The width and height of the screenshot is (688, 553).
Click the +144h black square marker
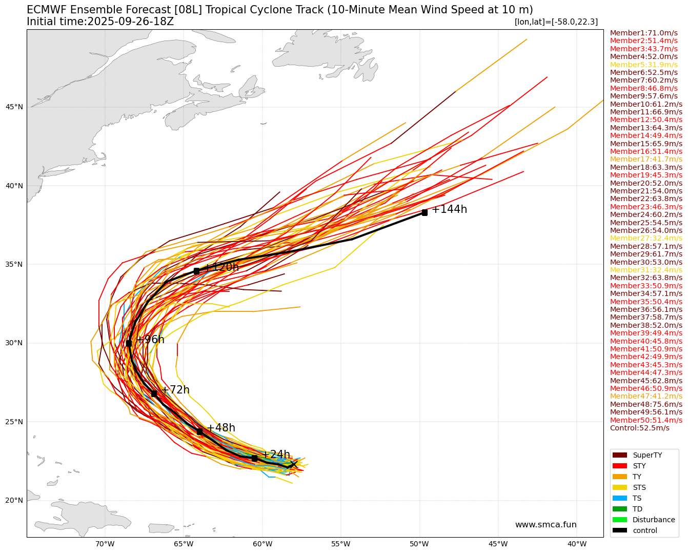(424, 212)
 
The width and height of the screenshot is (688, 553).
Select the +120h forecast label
(221, 267)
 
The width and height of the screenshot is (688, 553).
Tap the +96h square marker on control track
(129, 343)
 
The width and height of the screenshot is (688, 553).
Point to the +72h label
(175, 390)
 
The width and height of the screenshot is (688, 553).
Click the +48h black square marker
(199, 431)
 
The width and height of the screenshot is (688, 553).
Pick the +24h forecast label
(276, 455)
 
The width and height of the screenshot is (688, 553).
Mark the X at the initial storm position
(294, 465)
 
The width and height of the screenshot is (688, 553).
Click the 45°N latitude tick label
(14, 107)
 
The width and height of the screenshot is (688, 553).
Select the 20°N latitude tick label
(14, 500)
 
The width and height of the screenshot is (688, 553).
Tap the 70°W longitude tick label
(105, 544)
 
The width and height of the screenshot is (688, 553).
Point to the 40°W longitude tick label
(577, 544)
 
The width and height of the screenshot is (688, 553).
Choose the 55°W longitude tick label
(340, 544)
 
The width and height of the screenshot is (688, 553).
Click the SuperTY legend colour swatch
(620, 455)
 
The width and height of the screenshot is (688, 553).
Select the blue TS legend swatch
(620, 498)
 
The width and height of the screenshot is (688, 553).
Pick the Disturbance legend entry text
(654, 520)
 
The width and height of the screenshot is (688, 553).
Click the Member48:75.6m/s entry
(646, 404)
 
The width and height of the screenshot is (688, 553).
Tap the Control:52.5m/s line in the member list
(639, 428)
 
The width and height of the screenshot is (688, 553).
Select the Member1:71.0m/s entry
(643, 33)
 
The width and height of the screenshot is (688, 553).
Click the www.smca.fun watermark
(545, 525)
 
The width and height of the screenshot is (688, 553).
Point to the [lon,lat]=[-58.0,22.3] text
(556, 22)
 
